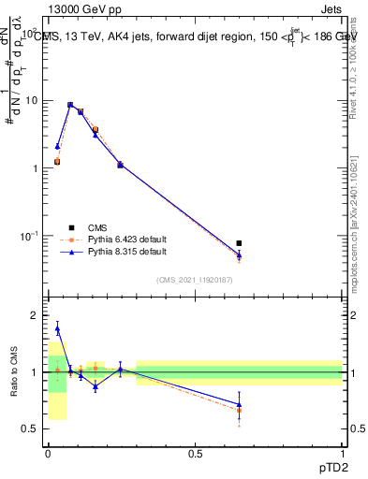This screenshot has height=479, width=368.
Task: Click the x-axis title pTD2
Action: (331, 466)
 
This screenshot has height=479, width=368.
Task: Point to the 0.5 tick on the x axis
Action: (195, 454)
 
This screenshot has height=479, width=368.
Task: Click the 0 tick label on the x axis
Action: (48, 454)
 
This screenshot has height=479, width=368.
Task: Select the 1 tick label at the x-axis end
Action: (342, 454)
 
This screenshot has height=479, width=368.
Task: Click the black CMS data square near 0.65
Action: (239, 243)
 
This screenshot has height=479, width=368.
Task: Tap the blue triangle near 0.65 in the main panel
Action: (239, 254)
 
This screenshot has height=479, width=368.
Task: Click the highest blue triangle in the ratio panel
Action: (57, 328)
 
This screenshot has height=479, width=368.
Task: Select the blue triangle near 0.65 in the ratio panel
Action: (239, 405)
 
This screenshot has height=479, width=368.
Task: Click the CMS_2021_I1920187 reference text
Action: (194, 280)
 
